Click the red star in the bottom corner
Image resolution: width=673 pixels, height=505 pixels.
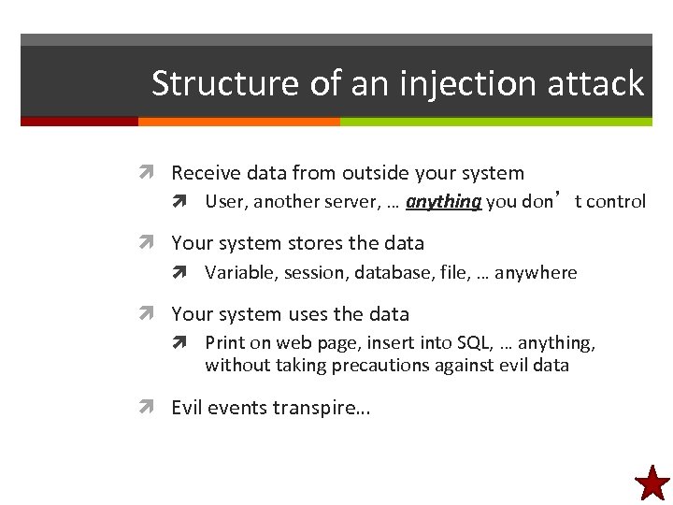tap(652, 483)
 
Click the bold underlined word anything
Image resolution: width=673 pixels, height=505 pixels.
tap(443, 201)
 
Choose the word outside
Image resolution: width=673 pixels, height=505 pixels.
tap(377, 173)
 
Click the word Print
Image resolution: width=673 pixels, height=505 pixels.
tap(224, 343)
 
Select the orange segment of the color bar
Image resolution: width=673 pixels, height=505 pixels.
tap(238, 122)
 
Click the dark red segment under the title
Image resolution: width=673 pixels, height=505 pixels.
tap(79, 122)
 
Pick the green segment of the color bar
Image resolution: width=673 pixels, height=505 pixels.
tap(495, 122)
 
